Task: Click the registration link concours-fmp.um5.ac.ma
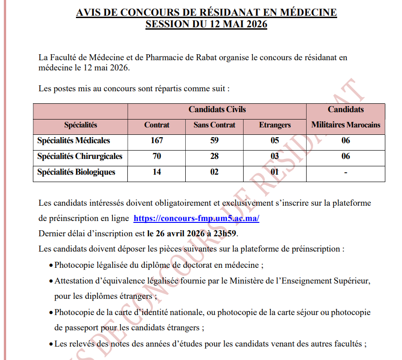pyautogui.click(x=196, y=218)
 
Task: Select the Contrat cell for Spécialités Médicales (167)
pyautogui.click(x=157, y=141)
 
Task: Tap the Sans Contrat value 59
pyautogui.click(x=214, y=141)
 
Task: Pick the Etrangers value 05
pyautogui.click(x=275, y=141)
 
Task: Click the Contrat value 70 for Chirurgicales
pyautogui.click(x=157, y=157)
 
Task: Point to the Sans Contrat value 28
pyautogui.click(x=214, y=157)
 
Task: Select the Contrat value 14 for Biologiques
pyautogui.click(x=157, y=172)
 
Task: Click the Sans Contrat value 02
pyautogui.click(x=214, y=172)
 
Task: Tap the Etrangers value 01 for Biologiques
pyautogui.click(x=275, y=172)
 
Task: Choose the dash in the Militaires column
pyautogui.click(x=345, y=172)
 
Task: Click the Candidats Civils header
pyautogui.click(x=217, y=110)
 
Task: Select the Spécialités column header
pyautogui.click(x=80, y=125)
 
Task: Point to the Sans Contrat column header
pyautogui.click(x=214, y=125)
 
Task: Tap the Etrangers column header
pyautogui.click(x=275, y=125)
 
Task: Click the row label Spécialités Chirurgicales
pyautogui.click(x=80, y=157)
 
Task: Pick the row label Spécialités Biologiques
pyautogui.click(x=76, y=172)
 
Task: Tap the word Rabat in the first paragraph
pyautogui.click(x=214, y=57)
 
